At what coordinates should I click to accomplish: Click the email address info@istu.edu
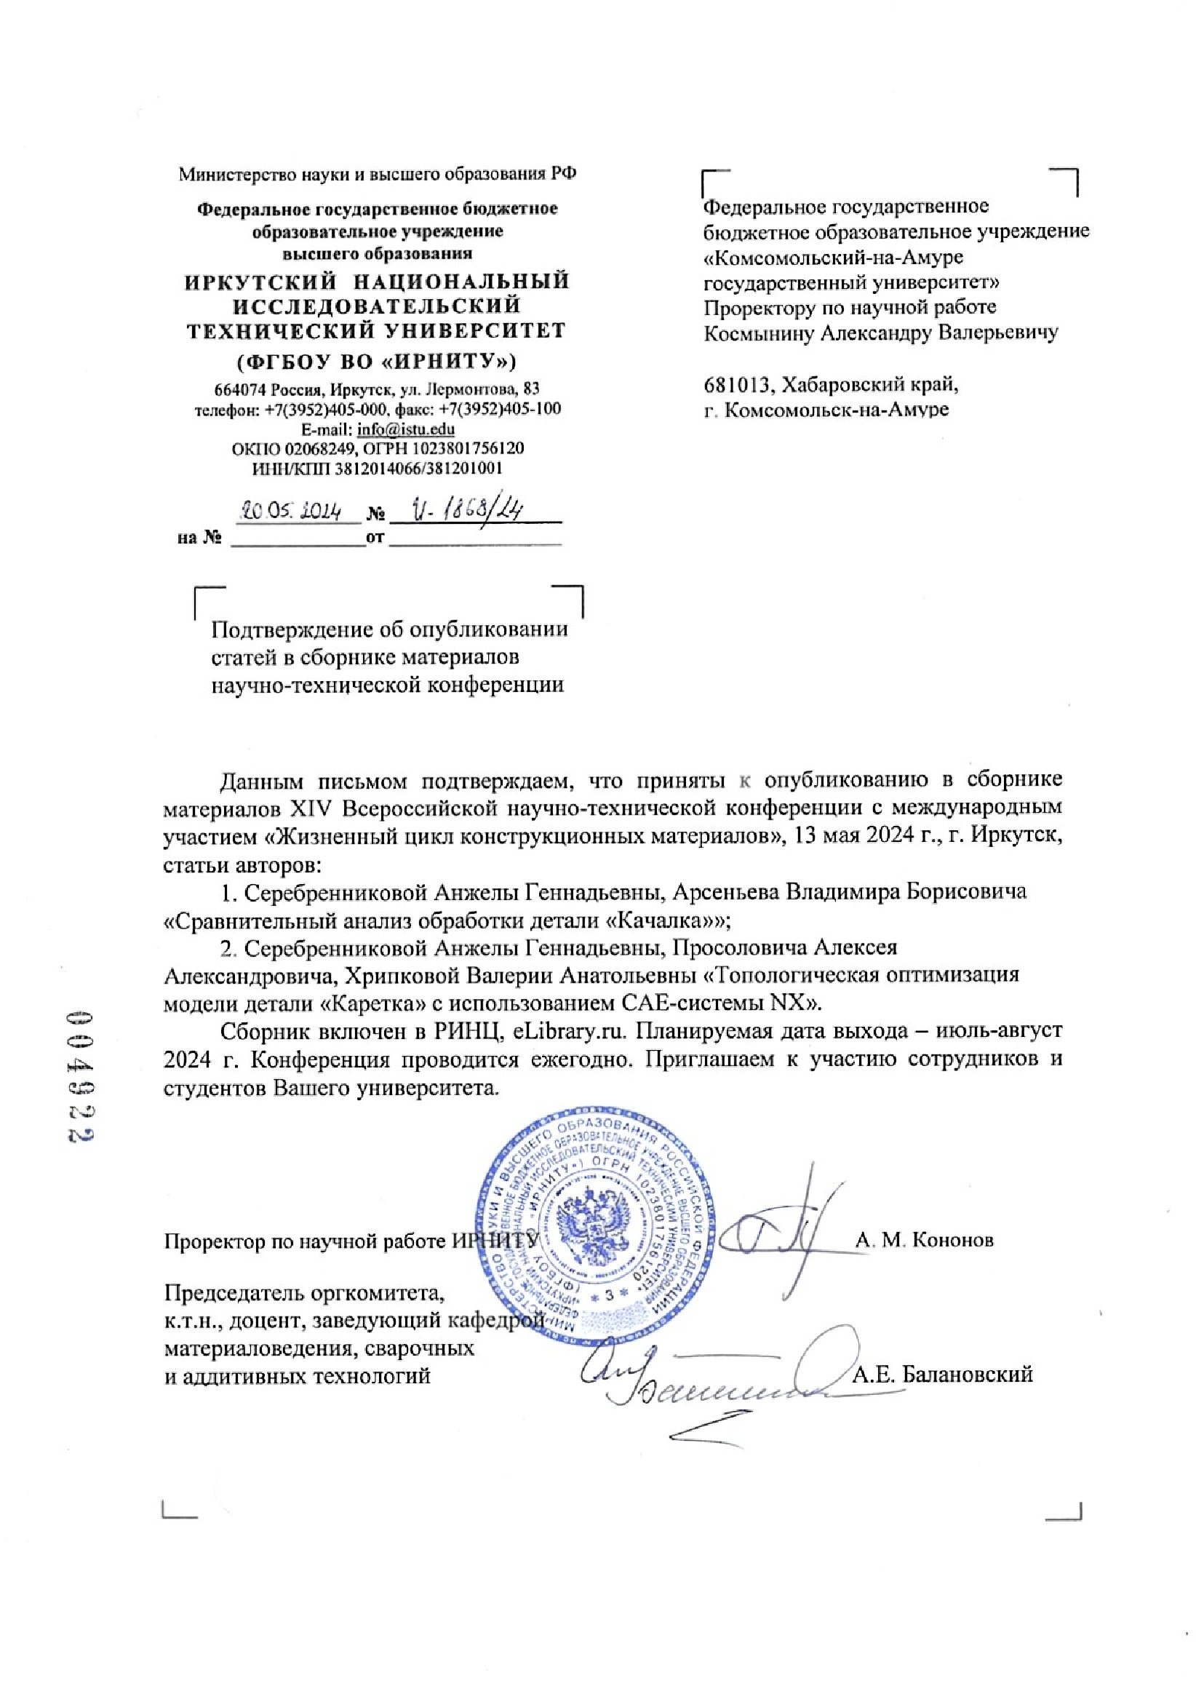[405, 429]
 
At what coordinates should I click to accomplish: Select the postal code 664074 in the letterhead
[236, 389]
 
